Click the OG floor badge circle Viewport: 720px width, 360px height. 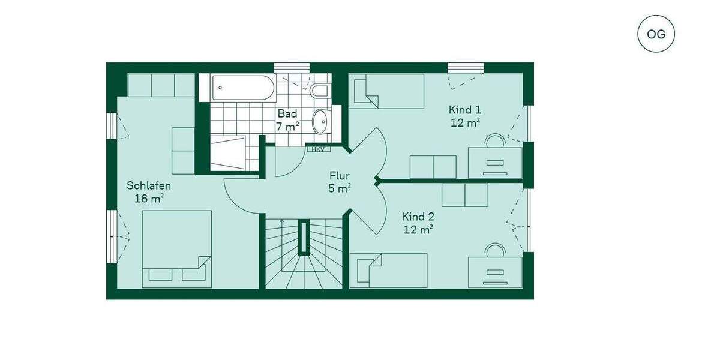[656, 33]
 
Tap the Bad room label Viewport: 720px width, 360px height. [287, 113]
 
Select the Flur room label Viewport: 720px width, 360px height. [339, 176]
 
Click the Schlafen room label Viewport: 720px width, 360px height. [149, 185]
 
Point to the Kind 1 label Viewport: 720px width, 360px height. [464, 110]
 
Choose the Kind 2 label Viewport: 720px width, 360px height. [418, 217]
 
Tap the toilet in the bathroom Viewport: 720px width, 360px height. [319, 90]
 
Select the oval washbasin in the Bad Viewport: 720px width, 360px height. [322, 120]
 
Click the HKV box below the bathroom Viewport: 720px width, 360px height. [318, 149]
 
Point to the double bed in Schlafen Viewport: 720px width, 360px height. [176, 248]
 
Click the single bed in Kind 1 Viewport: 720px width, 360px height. [386, 91]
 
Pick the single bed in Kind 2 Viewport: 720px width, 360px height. [388, 269]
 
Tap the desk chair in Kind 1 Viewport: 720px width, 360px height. [495, 142]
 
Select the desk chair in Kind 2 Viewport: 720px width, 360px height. [495, 250]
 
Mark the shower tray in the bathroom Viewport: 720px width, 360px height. [228, 153]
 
